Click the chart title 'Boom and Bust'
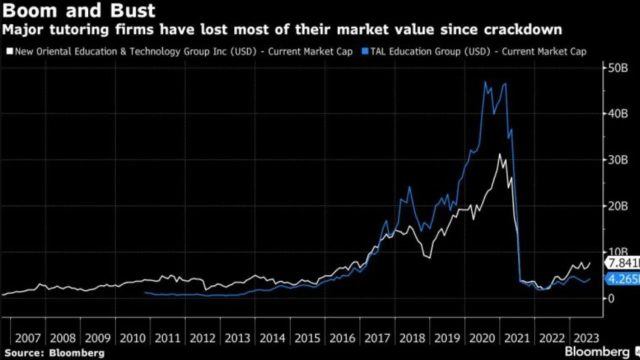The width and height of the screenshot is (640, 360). (79, 10)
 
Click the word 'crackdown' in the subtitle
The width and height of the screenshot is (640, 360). (522, 30)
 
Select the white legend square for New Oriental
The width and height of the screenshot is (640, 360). (9, 51)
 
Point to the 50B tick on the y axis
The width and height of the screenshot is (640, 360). (617, 68)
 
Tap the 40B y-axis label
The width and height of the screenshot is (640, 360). (617, 114)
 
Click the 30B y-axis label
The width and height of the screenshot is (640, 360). (617, 160)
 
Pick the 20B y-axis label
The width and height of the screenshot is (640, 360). (617, 206)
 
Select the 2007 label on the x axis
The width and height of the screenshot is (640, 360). (28, 338)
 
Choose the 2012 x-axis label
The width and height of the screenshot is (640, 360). (202, 338)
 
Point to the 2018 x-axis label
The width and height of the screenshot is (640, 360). (411, 338)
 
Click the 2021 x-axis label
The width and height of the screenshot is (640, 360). (516, 338)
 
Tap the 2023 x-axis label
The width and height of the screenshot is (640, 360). (586, 338)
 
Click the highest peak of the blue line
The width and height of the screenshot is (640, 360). (485, 82)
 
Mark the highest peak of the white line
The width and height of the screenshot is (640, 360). (499, 154)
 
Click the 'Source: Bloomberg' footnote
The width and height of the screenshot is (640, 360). (54, 353)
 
